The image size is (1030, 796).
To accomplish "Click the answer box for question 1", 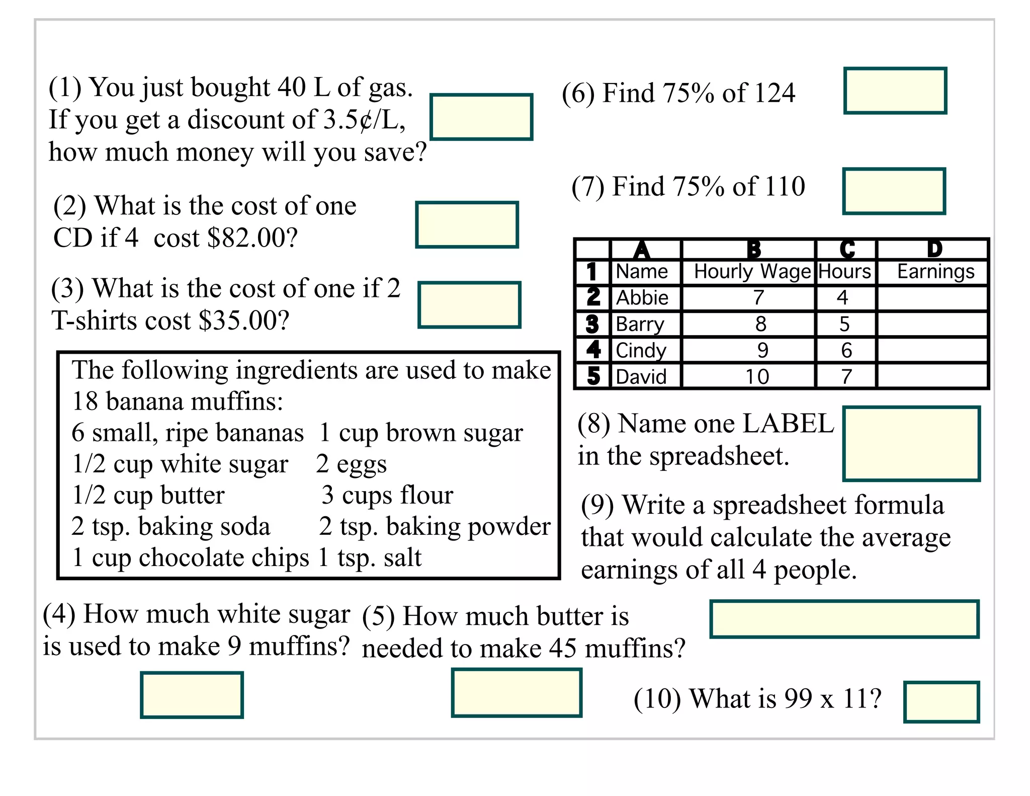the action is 481,117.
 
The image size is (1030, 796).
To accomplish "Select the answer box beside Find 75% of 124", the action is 895,91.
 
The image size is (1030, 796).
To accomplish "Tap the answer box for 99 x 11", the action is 941,702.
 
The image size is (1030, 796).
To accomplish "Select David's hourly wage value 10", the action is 757,376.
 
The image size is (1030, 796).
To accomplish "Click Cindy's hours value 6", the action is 846,350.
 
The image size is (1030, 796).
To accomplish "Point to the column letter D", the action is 934,249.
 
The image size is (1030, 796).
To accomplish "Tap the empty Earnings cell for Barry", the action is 932,324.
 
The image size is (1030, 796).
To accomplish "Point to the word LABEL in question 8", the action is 788,423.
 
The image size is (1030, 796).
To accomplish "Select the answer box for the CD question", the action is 467,225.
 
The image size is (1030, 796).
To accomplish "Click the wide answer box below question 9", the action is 844,619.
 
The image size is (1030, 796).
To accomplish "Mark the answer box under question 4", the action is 192,695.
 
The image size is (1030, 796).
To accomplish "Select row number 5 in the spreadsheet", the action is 593,376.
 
